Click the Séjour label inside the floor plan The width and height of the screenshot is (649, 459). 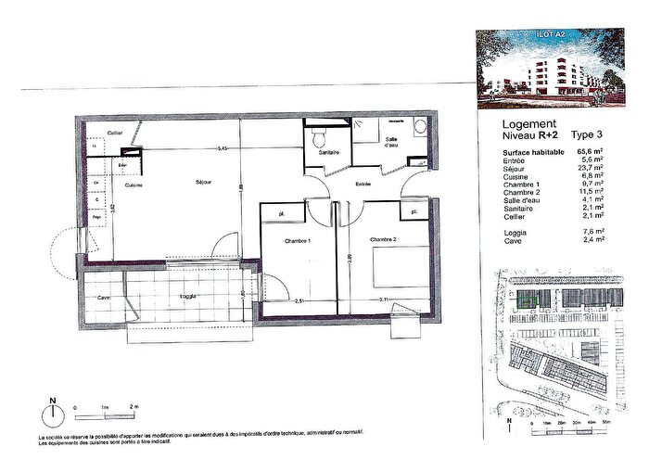click(x=204, y=183)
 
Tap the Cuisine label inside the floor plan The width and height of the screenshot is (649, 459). click(x=133, y=185)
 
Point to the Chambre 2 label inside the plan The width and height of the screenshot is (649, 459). click(x=383, y=240)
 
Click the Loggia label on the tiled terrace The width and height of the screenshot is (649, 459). click(x=187, y=297)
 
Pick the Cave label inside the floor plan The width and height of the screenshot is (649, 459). click(x=103, y=297)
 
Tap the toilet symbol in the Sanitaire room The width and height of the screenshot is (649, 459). click(x=319, y=140)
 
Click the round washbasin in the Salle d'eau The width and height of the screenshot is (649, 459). click(x=419, y=127)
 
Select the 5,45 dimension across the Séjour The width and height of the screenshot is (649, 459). click(x=222, y=148)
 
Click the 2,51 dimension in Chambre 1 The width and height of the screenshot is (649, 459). click(x=299, y=301)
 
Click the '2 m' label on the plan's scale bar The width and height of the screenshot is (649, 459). click(x=134, y=408)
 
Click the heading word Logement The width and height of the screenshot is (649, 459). click(x=528, y=123)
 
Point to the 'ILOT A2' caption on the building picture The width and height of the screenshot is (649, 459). click(x=551, y=38)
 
